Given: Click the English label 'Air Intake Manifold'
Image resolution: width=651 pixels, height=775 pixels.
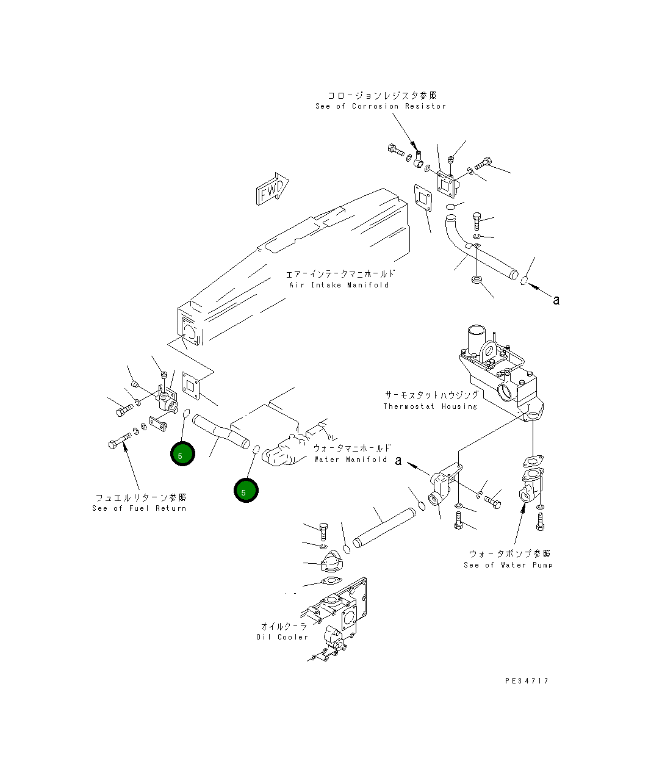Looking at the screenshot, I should (x=339, y=285).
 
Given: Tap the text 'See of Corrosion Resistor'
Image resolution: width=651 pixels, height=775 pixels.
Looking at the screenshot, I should (x=381, y=106).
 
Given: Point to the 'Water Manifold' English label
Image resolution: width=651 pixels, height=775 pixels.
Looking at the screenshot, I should (x=350, y=460).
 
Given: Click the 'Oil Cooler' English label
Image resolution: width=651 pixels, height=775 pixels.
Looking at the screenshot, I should (x=282, y=637).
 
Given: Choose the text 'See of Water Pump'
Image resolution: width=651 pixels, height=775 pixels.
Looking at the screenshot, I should (x=508, y=565).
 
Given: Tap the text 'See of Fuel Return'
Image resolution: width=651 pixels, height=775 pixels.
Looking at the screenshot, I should (x=139, y=508).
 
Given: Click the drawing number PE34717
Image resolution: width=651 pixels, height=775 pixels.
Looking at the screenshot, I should (x=527, y=680).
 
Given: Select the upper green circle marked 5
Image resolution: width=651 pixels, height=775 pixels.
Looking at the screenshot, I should (x=182, y=454).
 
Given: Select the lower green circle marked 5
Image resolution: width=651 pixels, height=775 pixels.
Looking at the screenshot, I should (x=246, y=491).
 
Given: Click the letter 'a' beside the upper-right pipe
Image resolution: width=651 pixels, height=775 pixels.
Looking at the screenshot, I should (x=556, y=300).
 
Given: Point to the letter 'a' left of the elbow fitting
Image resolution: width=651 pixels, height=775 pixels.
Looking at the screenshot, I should (x=398, y=461).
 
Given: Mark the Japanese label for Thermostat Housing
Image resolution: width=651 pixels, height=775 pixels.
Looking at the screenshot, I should (x=431, y=395).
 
